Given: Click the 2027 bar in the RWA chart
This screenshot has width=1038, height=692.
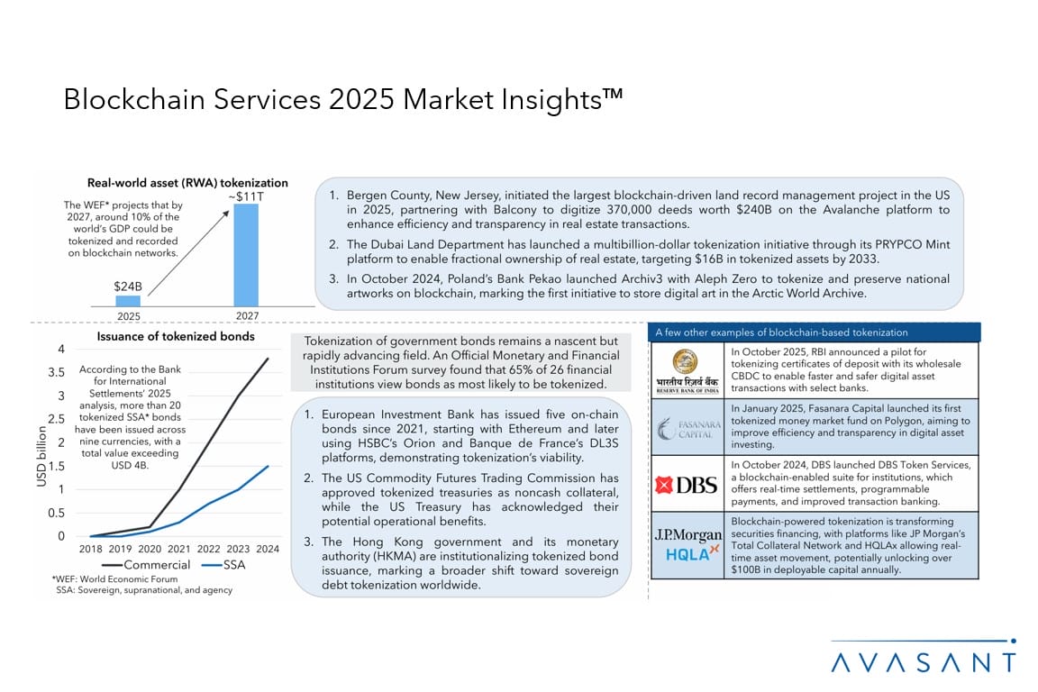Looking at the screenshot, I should [246, 255].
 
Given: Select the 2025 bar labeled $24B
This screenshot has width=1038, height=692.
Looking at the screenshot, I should [128, 301].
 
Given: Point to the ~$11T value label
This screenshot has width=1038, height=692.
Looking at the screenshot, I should [245, 196].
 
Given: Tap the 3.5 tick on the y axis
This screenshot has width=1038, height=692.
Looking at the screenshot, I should [56, 372].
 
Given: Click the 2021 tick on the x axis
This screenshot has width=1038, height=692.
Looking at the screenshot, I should [179, 550].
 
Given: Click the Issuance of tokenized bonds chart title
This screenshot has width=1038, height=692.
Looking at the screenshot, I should [176, 337].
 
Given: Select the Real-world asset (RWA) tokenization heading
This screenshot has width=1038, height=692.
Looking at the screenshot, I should [187, 183].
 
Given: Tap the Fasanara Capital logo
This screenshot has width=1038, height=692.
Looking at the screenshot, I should [687, 427].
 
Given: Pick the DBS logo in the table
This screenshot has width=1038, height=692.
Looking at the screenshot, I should [687, 485].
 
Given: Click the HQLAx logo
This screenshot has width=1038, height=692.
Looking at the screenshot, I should [687, 554].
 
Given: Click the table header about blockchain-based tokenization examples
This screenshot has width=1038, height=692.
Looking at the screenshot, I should [782, 332].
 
